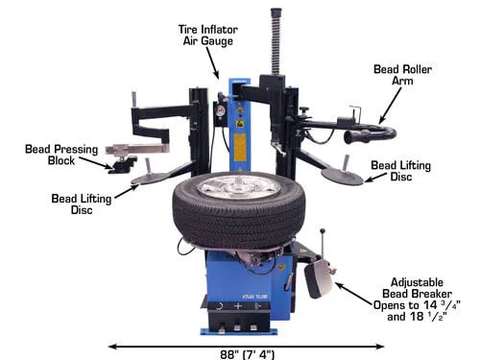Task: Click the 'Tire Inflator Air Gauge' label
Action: click(x=208, y=36)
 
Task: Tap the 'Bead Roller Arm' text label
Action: click(x=402, y=75)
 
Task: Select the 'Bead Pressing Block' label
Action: click(x=61, y=155)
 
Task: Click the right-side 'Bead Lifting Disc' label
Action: click(x=401, y=171)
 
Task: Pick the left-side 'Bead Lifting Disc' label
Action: click(x=82, y=204)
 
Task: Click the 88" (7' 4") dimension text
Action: click(x=248, y=354)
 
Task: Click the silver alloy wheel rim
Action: click(x=239, y=187)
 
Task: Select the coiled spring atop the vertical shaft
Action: click(x=276, y=41)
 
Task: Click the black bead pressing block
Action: click(x=122, y=164)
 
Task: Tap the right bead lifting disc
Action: click(x=343, y=176)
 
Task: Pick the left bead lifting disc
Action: click(x=151, y=179)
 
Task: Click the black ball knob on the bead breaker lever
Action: click(x=324, y=230)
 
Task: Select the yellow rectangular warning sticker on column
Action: click(x=240, y=148)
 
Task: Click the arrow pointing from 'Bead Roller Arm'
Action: click(x=390, y=106)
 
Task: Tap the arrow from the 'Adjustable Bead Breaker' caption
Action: click(x=354, y=294)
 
